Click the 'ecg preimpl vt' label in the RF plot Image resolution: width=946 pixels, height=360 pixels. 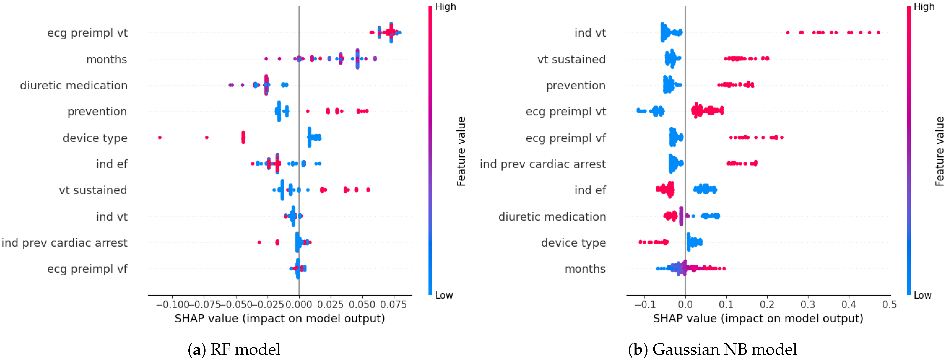(x=87, y=33)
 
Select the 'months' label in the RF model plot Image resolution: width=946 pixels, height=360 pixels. (x=107, y=59)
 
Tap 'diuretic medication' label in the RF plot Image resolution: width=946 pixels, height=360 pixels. (x=74, y=86)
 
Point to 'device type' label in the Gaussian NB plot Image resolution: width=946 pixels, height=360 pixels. (x=573, y=243)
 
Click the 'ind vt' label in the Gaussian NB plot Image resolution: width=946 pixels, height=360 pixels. (x=590, y=33)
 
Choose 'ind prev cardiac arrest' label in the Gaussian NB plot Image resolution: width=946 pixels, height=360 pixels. (x=543, y=164)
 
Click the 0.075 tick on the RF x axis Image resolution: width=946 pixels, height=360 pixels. (x=393, y=304)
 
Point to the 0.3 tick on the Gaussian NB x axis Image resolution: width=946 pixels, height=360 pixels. (x=808, y=304)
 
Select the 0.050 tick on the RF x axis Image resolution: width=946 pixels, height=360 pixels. (x=362, y=304)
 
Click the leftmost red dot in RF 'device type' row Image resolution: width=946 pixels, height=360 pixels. (x=160, y=137)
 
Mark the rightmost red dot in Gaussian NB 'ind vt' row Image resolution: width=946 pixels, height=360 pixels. (x=878, y=33)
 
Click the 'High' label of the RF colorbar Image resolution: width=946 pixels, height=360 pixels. (x=445, y=7)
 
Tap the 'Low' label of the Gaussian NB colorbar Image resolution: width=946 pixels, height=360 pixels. (x=922, y=295)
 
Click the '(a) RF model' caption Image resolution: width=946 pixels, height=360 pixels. (x=234, y=349)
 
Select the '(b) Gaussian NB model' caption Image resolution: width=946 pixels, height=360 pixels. (x=712, y=349)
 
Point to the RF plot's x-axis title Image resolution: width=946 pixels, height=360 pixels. (x=279, y=319)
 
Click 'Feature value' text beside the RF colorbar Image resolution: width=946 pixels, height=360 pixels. (x=461, y=151)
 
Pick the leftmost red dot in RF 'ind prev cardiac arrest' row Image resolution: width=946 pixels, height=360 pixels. (x=259, y=242)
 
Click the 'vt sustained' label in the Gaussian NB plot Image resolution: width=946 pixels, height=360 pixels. (x=571, y=59)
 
